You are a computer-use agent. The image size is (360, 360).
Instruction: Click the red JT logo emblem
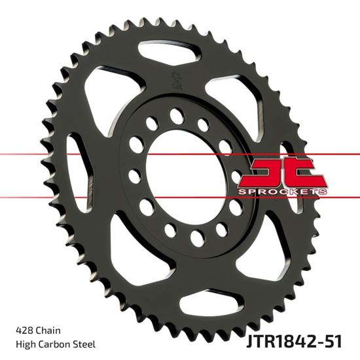[x=284, y=173]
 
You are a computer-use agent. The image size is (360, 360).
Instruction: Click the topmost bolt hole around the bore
[x=175, y=115]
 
